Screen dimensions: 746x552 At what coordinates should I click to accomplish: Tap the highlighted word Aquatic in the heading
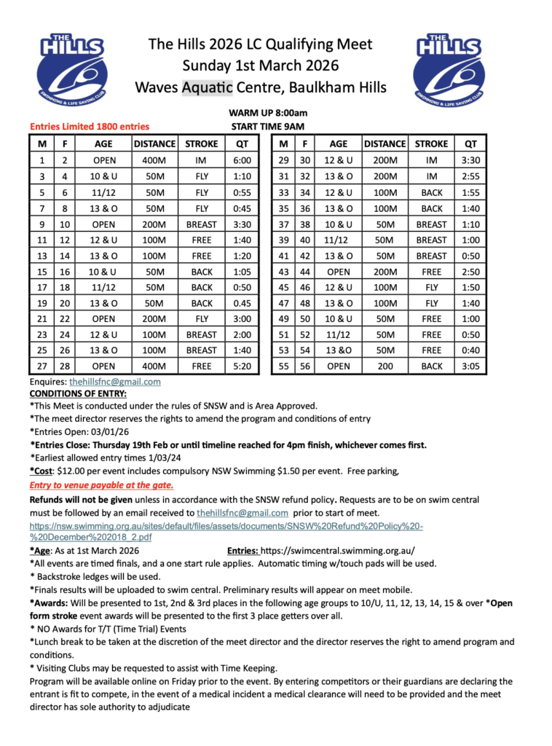207,88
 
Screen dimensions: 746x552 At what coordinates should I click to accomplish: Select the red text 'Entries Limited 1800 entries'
90,126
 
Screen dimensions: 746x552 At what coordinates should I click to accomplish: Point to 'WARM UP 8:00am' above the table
268,113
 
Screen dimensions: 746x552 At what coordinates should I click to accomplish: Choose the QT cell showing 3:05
470,366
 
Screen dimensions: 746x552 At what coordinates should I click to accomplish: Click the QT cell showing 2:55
470,176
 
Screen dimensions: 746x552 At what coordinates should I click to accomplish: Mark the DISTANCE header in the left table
154,144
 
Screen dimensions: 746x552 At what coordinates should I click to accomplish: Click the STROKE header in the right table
431,144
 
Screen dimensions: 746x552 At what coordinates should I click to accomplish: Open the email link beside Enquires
115,381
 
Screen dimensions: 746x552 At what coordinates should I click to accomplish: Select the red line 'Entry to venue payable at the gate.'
101,484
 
